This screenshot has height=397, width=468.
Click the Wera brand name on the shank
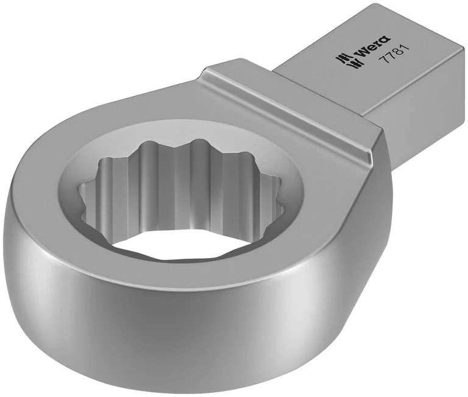(x=372, y=47)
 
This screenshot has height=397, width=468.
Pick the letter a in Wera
(x=385, y=40)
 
